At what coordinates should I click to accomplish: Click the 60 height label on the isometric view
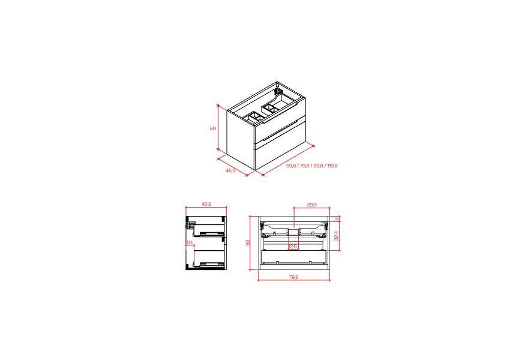212,128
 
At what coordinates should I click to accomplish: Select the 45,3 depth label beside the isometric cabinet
230,171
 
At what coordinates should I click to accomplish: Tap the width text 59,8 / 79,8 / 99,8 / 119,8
311,166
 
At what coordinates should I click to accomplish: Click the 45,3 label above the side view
206,205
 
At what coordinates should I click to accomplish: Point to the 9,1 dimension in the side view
190,242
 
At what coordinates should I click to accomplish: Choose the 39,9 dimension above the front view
311,205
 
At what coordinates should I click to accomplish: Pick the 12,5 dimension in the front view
292,246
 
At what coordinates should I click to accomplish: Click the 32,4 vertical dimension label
337,236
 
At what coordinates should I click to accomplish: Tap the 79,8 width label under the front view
293,277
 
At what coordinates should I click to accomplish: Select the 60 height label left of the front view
247,242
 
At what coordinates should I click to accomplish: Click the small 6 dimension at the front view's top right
337,219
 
